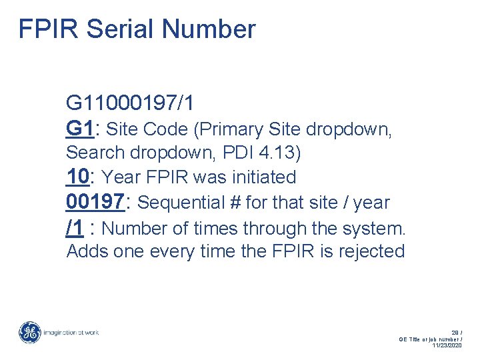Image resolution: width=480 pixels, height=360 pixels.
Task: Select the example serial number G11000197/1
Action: click(x=130, y=103)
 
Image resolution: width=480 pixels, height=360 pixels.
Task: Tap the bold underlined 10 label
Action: click(x=78, y=177)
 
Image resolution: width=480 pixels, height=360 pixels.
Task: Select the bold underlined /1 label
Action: click(x=75, y=228)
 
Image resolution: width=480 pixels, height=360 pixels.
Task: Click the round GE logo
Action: click(x=29, y=333)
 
